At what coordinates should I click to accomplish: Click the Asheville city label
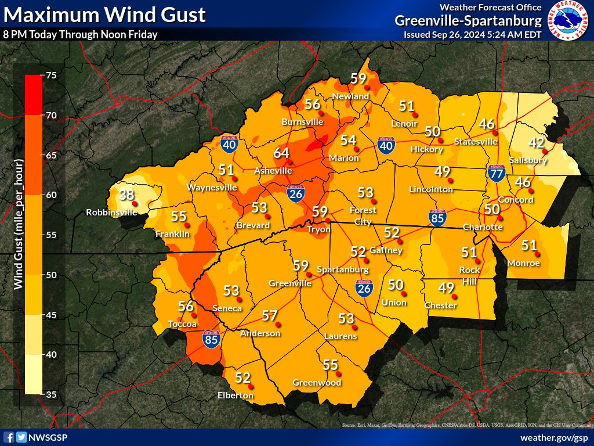tap(273, 171)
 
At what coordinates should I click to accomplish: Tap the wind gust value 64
tap(281, 153)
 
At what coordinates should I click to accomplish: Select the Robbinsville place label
tap(113, 213)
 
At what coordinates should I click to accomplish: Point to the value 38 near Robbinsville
tap(126, 195)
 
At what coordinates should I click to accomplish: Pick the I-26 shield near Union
tap(364, 288)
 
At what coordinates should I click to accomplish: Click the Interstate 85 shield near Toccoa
tap(211, 340)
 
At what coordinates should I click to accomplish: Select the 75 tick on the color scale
tap(51, 75)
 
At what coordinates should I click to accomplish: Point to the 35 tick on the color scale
tap(51, 394)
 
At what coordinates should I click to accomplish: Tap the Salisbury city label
tap(528, 160)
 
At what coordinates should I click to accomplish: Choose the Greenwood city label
tap(317, 383)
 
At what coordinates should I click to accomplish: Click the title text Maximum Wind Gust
tap(104, 14)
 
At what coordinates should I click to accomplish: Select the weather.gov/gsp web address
tap(554, 437)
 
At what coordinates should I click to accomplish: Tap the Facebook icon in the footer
tap(9, 437)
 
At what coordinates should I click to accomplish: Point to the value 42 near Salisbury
tap(535, 143)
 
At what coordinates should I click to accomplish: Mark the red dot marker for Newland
tap(367, 87)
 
